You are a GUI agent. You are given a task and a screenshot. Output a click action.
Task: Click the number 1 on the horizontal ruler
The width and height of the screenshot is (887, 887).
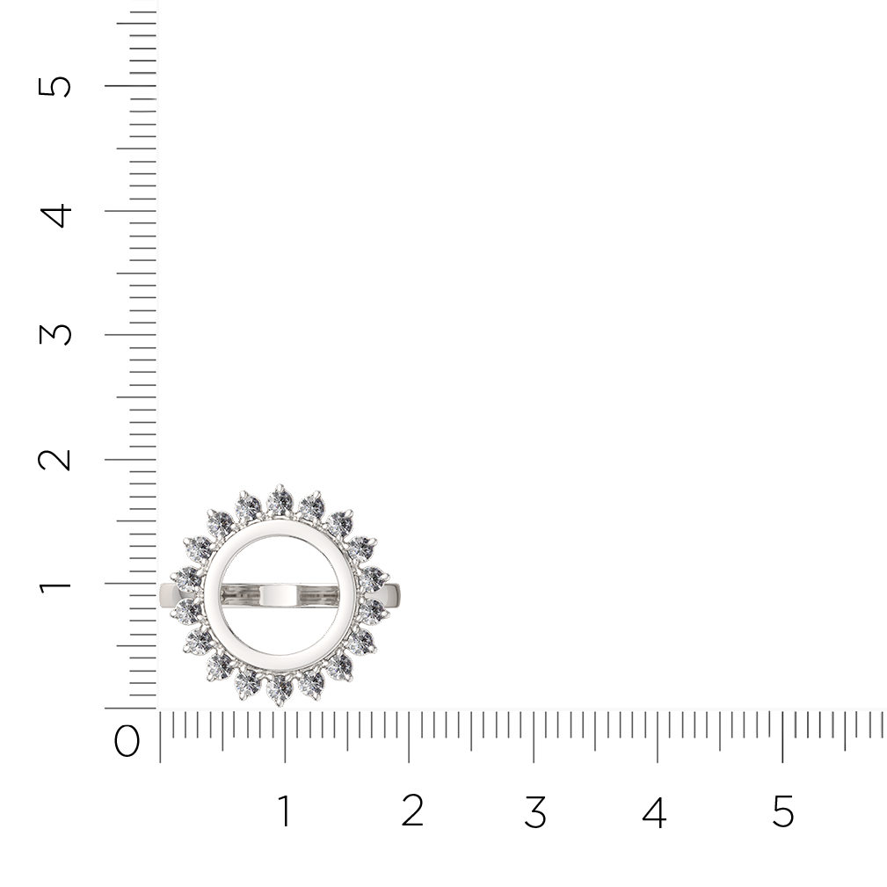pyautogui.click(x=285, y=811)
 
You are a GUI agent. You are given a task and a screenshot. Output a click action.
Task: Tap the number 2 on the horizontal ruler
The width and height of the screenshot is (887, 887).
pyautogui.click(x=412, y=811)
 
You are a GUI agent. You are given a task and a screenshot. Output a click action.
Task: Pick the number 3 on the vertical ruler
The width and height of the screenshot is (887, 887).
pyautogui.click(x=55, y=334)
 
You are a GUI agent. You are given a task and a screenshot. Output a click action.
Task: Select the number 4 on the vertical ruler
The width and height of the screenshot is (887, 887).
pyautogui.click(x=55, y=215)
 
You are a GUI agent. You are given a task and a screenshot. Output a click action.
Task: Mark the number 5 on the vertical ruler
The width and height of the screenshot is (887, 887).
pyautogui.click(x=55, y=86)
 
